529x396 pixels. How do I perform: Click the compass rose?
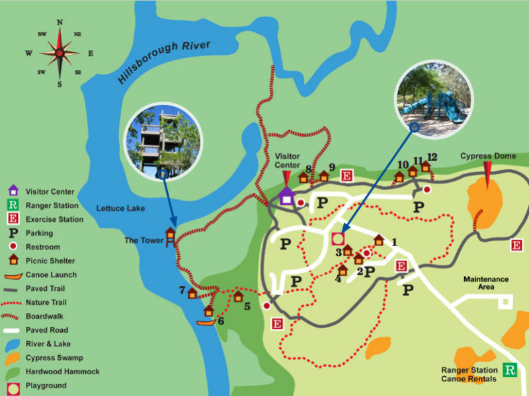[x=60, y=53]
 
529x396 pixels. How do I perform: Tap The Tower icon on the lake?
[x=171, y=238]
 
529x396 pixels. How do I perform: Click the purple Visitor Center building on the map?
[x=286, y=195]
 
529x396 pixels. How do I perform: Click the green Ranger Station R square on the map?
[x=510, y=370]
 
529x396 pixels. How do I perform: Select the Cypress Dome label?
[x=487, y=156]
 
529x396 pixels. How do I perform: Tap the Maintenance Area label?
[x=486, y=283]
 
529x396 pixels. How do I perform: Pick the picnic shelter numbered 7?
[x=192, y=293]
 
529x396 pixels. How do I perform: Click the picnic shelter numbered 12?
[x=426, y=166]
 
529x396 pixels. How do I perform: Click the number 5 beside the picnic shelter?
[x=247, y=306]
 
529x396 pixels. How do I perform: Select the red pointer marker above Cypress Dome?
[x=487, y=173]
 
